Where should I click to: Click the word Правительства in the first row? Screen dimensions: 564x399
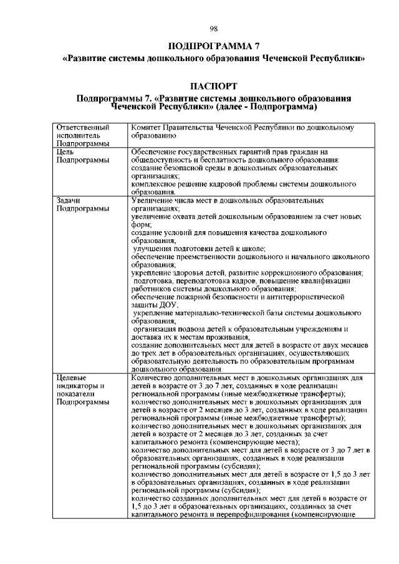(x=193, y=127)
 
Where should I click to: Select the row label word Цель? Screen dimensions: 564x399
(x=65, y=151)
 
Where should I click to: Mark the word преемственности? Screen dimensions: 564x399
(x=209, y=257)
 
